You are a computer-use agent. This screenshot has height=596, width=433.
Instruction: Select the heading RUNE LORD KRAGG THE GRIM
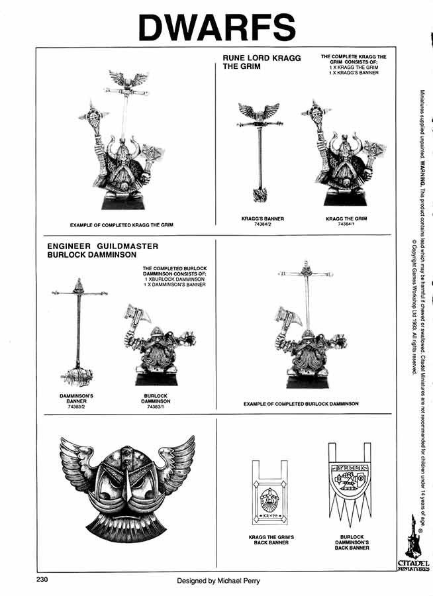point(262,62)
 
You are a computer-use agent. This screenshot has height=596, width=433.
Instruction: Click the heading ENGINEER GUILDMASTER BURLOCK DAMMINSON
point(103,250)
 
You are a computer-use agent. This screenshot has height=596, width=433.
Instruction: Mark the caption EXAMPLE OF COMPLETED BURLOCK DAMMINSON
point(301,403)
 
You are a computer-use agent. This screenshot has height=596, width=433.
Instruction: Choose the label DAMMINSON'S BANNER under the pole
point(75,397)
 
